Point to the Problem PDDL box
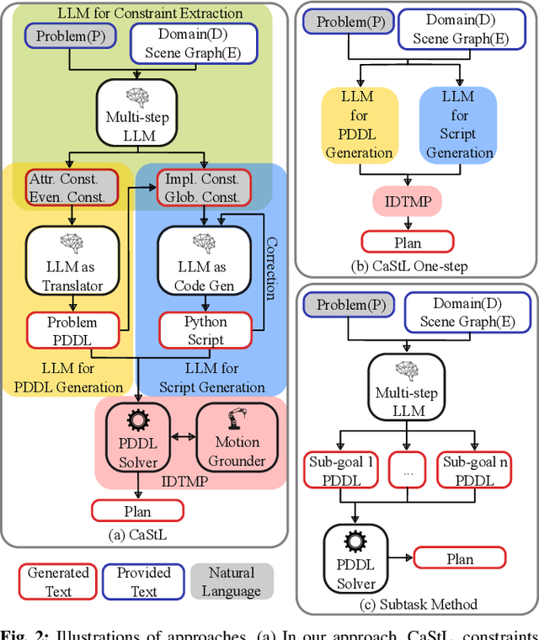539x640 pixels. [72, 331]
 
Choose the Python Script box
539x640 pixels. [206, 331]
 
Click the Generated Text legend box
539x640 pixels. [58, 582]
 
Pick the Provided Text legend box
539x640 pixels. [144, 582]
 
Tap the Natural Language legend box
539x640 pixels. [231, 582]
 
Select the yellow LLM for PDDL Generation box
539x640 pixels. [358, 125]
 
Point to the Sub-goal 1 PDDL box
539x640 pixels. [339, 471]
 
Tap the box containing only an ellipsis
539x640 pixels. [408, 472]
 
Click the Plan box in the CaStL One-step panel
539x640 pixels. [408, 243]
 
